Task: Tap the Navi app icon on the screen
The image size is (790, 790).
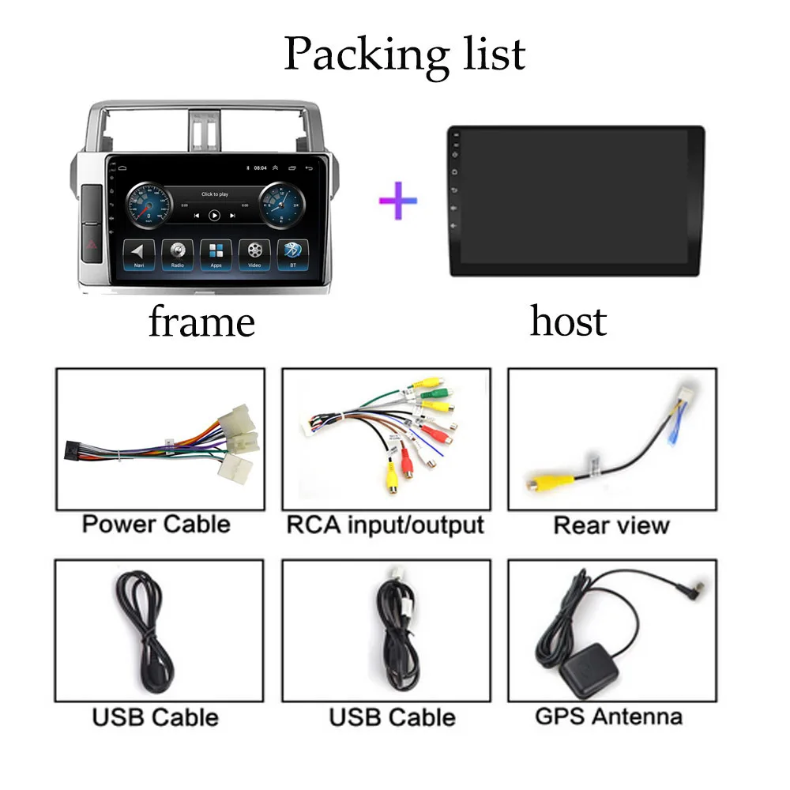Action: click(138, 252)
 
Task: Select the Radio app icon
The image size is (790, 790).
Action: click(177, 252)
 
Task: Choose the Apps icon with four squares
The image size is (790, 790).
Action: click(216, 252)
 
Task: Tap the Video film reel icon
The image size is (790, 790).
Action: click(254, 252)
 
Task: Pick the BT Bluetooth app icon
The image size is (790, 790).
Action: click(293, 252)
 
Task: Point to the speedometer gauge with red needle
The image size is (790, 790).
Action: click(148, 204)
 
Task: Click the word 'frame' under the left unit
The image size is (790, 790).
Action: click(201, 322)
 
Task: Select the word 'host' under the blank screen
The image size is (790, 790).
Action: click(568, 322)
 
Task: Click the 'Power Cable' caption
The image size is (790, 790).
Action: click(156, 524)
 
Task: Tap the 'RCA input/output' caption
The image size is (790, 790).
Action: click(385, 524)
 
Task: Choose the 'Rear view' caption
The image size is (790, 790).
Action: click(611, 525)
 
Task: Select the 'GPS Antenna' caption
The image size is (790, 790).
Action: click(608, 717)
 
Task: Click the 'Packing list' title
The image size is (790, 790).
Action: click(404, 54)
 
